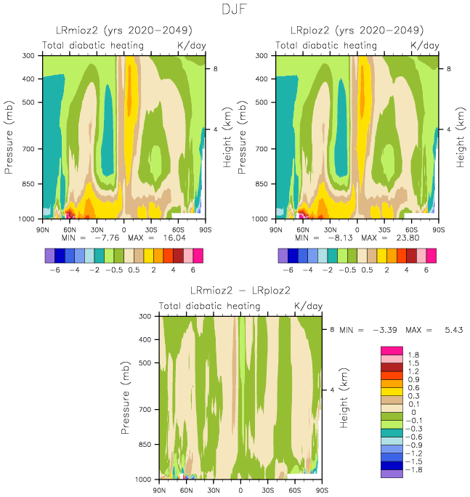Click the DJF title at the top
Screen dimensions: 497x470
[x=235, y=9]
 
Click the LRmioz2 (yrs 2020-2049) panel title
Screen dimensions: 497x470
[x=124, y=31]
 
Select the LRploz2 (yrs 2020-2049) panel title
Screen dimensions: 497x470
[x=357, y=31]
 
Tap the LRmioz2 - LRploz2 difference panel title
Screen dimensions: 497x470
[x=240, y=291]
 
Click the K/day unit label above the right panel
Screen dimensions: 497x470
[x=425, y=45]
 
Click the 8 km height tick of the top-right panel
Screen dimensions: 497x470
[x=448, y=68]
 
